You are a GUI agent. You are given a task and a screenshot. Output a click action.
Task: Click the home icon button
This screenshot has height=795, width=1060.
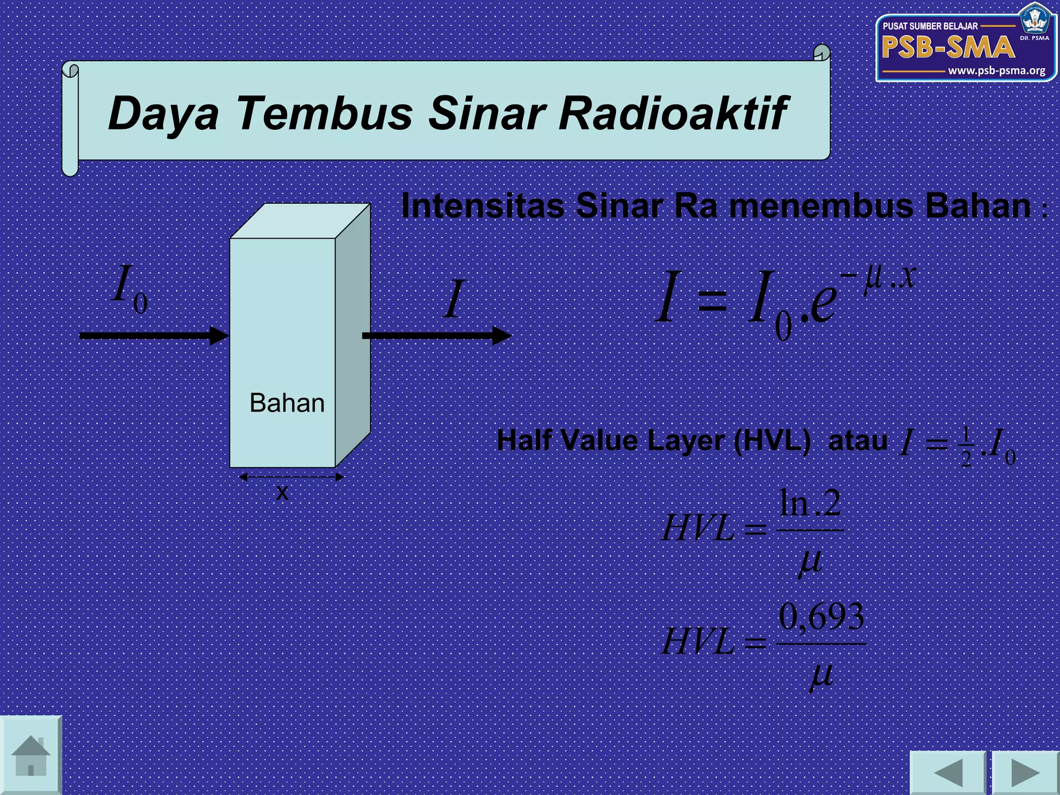[31, 755]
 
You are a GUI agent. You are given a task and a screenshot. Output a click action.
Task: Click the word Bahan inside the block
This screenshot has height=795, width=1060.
[287, 403]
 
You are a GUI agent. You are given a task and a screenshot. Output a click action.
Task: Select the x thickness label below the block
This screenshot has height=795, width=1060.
[282, 492]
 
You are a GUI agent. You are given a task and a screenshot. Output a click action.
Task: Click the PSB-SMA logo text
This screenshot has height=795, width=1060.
[948, 48]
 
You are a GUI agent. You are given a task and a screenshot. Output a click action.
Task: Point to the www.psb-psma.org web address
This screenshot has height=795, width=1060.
[996, 71]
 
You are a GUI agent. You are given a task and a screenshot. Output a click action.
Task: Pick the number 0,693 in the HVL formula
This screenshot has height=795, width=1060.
[821, 617]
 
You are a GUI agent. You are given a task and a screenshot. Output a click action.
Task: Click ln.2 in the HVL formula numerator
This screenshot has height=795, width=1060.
[810, 503]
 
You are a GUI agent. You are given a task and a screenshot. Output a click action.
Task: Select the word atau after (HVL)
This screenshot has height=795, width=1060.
[858, 441]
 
